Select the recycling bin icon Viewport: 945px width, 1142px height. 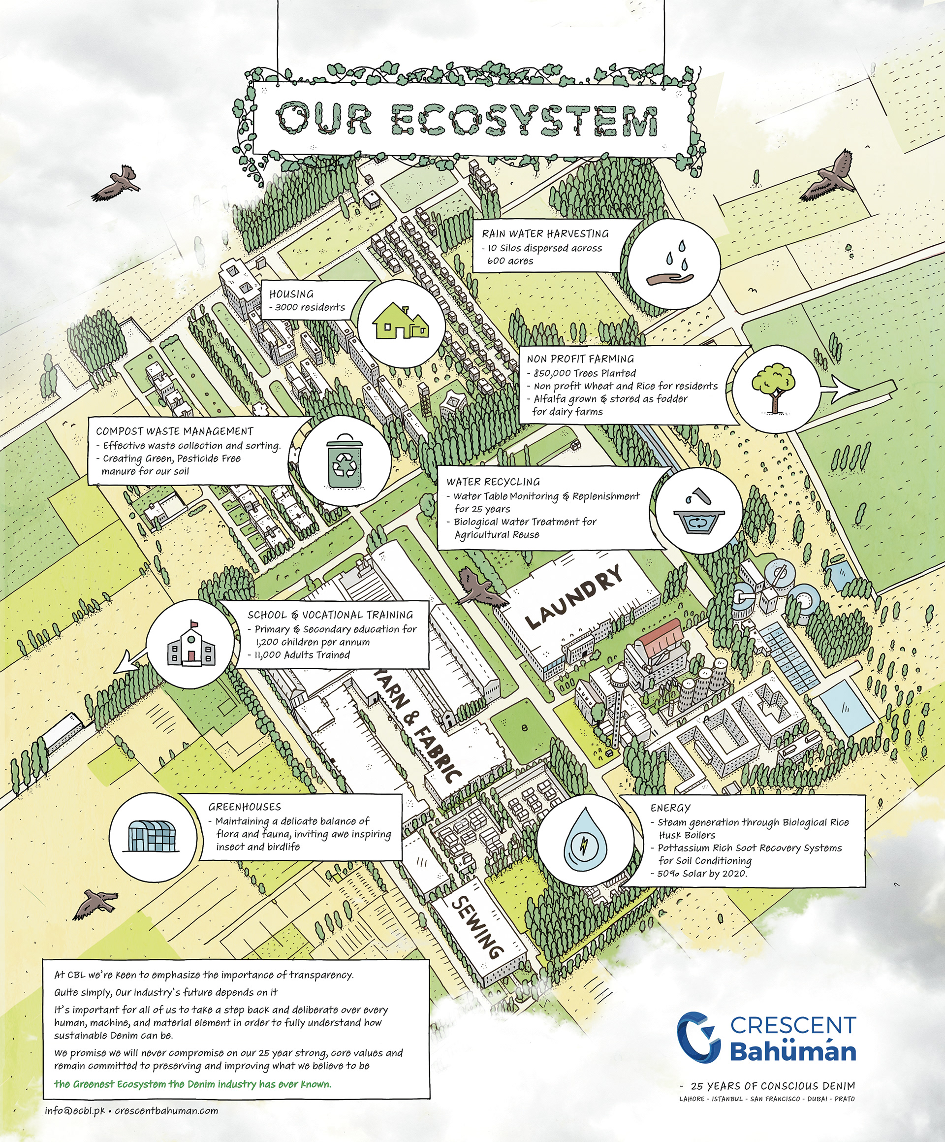pos(344,460)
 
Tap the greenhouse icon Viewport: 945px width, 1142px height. pos(152,835)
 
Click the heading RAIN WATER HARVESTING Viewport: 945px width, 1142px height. pos(545,234)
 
